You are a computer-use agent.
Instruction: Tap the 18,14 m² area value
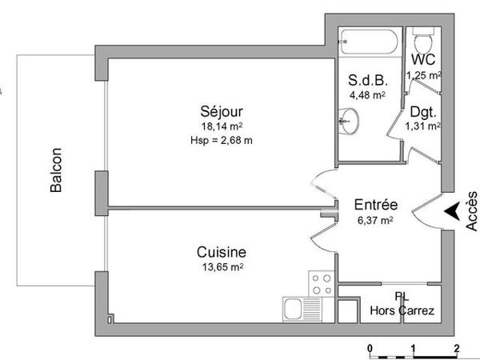coord(222,126)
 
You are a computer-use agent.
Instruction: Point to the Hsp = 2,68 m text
coord(222,141)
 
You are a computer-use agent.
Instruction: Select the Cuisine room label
coord(221,251)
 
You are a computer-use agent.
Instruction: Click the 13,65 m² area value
coord(221,267)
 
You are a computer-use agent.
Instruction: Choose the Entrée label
coord(376,205)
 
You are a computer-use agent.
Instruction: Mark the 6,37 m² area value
coord(374,220)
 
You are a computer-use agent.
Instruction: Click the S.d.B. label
coord(367,80)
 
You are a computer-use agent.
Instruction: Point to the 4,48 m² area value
coord(367,95)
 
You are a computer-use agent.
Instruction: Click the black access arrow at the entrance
coord(451,212)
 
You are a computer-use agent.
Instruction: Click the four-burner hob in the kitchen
coord(322,285)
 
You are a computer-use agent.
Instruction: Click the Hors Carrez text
coord(402,310)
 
